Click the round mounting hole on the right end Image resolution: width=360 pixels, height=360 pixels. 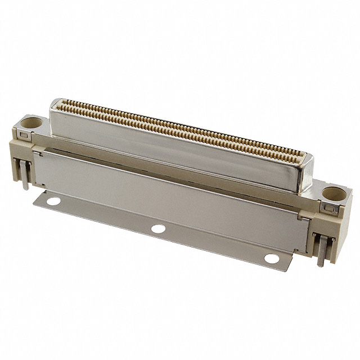[x=334, y=194]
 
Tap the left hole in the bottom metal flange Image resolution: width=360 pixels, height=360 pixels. [x=53, y=200]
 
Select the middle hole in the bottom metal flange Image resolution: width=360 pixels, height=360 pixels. [x=159, y=229]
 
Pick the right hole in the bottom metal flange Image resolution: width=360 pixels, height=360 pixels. [x=272, y=259]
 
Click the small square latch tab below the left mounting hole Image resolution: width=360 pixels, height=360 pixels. [x=22, y=135]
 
